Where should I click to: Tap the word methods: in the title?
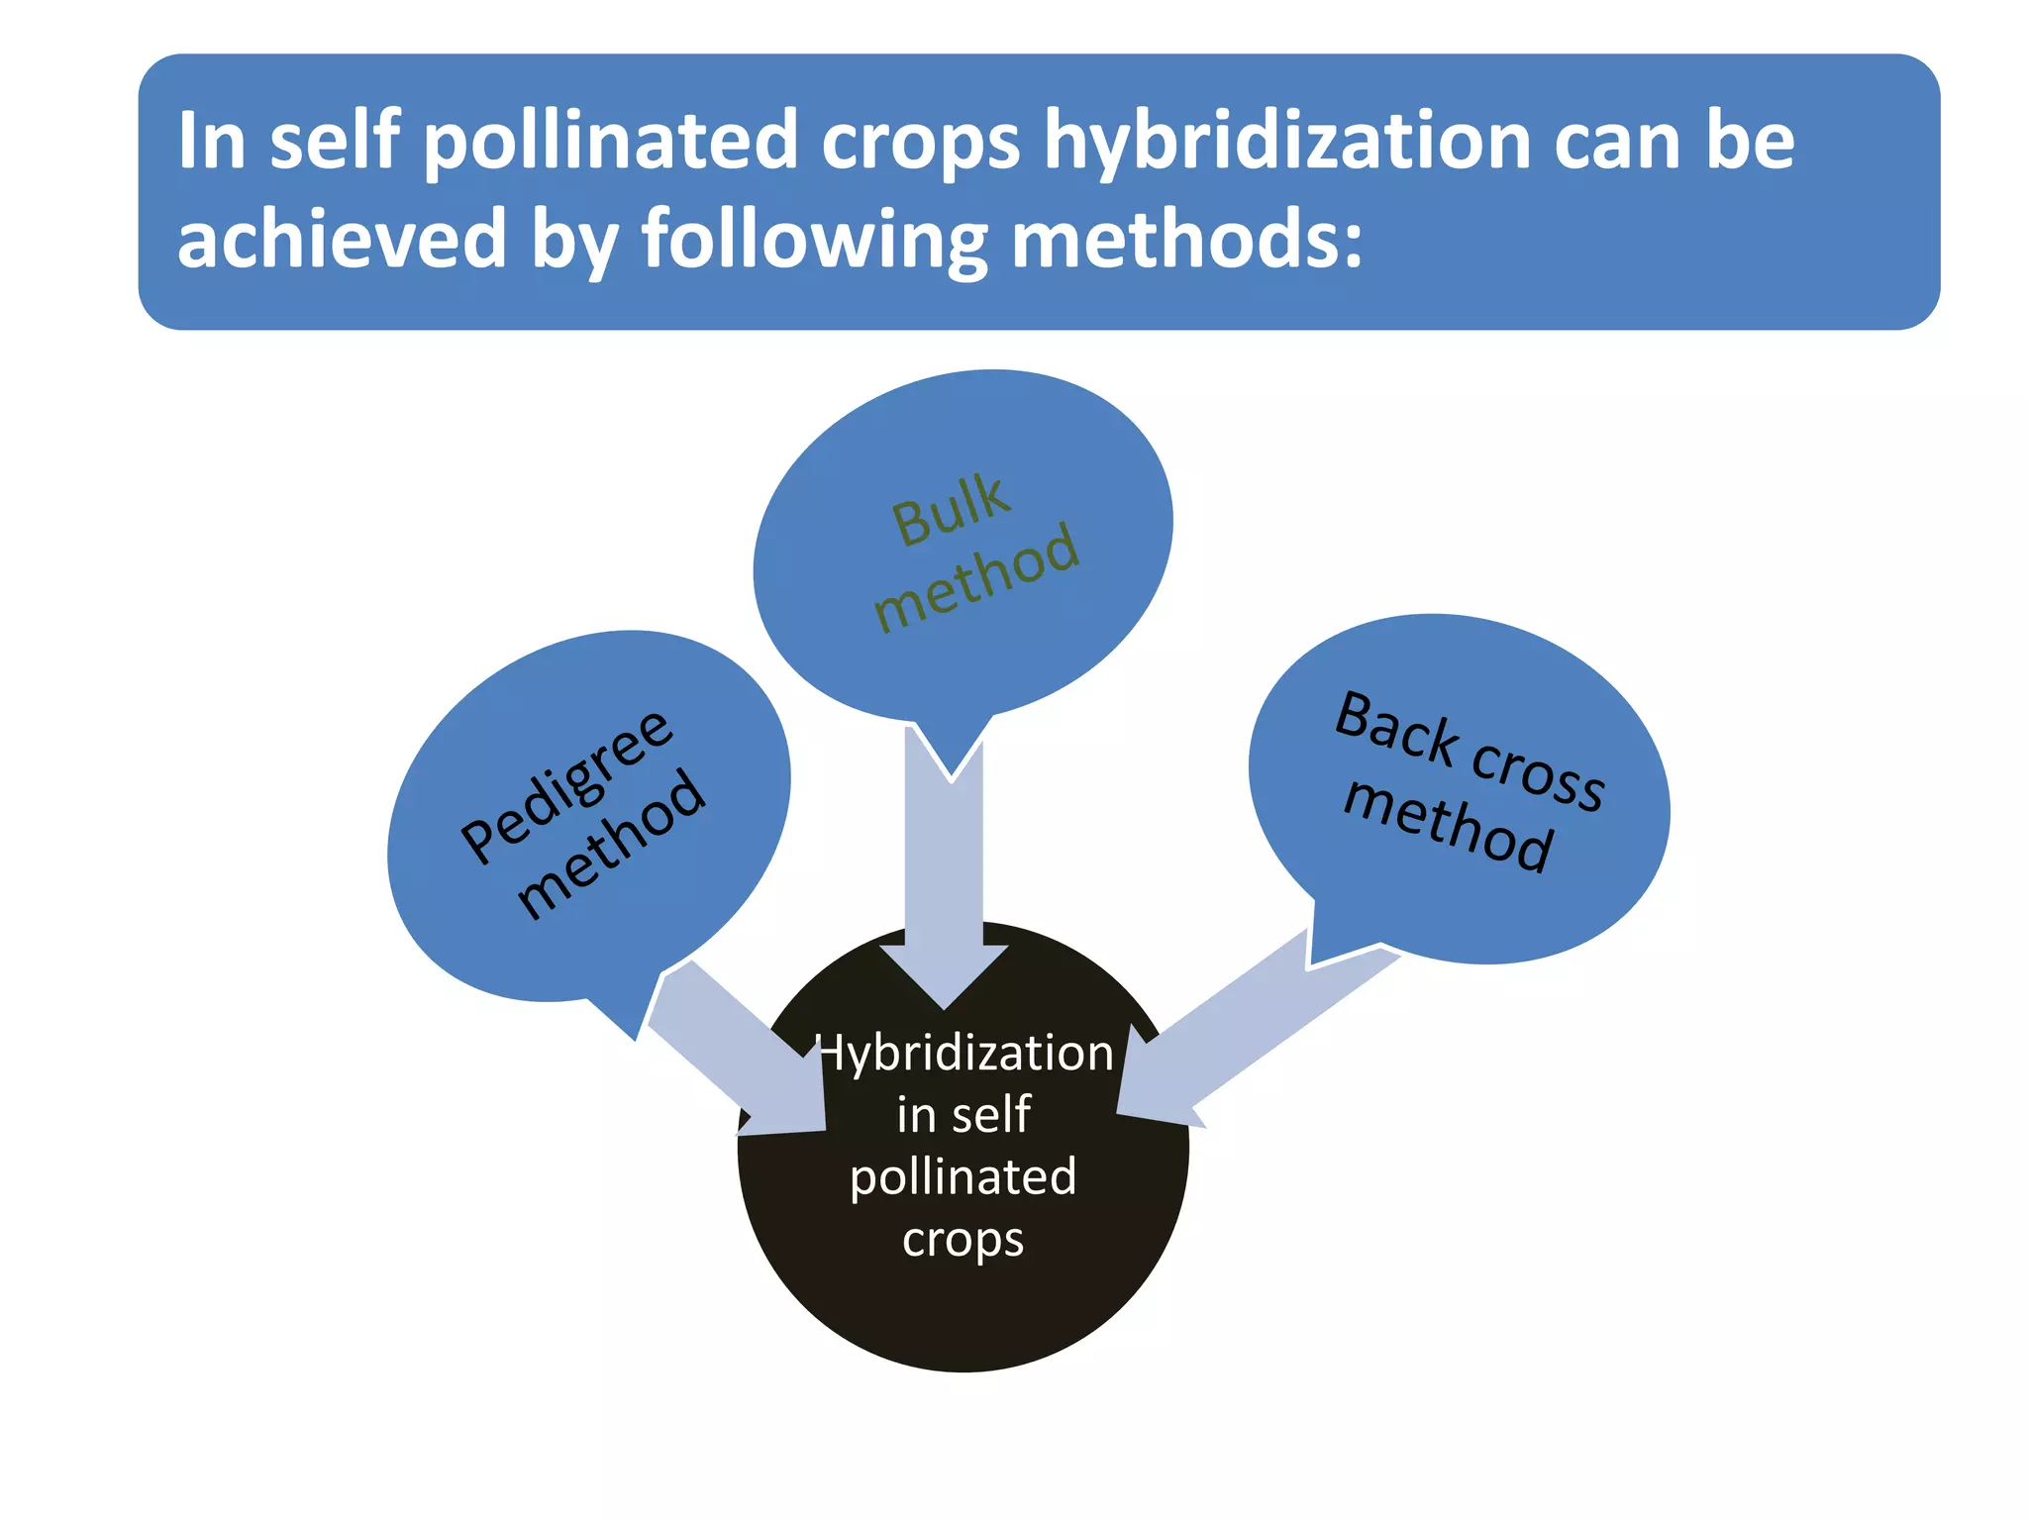pyautogui.click(x=1186, y=240)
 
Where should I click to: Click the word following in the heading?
pyautogui.click(x=814, y=240)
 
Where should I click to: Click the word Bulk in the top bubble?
pyautogui.click(x=952, y=509)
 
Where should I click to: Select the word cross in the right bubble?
pyautogui.click(x=1538, y=773)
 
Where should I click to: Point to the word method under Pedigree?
pyautogui.click(x=611, y=844)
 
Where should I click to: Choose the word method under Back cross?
pyautogui.click(x=1448, y=826)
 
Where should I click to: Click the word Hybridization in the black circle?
pyautogui.click(x=963, y=1053)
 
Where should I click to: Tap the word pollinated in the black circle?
pyautogui.click(x=963, y=1177)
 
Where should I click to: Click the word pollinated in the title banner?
pyautogui.click(x=611, y=142)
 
